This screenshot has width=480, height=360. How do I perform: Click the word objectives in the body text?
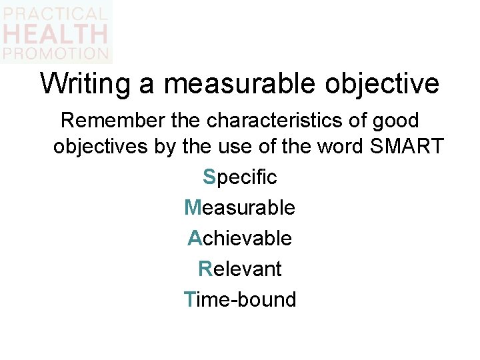click(x=101, y=147)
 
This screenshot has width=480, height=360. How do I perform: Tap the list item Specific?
click(x=240, y=177)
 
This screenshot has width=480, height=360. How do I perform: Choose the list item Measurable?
click(x=240, y=207)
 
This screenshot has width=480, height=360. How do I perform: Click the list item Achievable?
click(x=240, y=238)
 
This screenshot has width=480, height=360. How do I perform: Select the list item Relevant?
click(x=240, y=269)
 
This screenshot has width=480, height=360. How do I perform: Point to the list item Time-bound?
click(x=240, y=299)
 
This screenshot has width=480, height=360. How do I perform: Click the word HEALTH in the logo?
click(x=55, y=33)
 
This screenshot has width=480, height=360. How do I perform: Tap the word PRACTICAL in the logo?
click(x=55, y=13)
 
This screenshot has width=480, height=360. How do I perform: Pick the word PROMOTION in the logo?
click(x=55, y=53)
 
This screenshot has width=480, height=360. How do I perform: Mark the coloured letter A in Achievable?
click(x=194, y=238)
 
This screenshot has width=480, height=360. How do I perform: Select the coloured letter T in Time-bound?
click(x=190, y=299)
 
